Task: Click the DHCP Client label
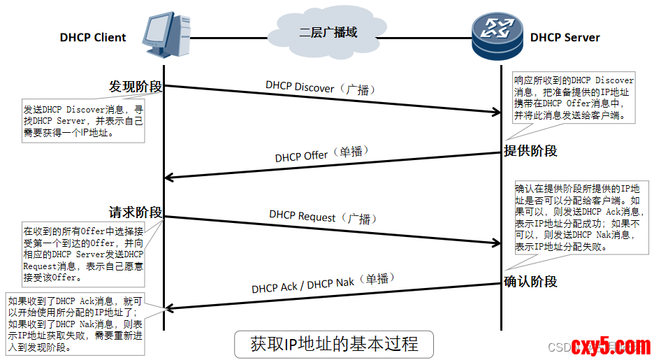pos(93,38)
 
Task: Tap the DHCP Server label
pos(565,38)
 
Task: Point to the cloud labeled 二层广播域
pos(328,33)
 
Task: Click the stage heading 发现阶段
pos(136,87)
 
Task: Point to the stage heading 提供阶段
pos(531,151)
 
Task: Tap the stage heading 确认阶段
pos(531,282)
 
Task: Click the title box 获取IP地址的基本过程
pos(334,345)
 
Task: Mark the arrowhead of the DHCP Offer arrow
pos(168,178)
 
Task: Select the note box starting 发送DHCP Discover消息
pos(84,121)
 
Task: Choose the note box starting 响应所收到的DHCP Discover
pos(574,98)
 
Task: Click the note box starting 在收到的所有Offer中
pos(84,254)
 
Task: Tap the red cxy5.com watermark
pos(611,345)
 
